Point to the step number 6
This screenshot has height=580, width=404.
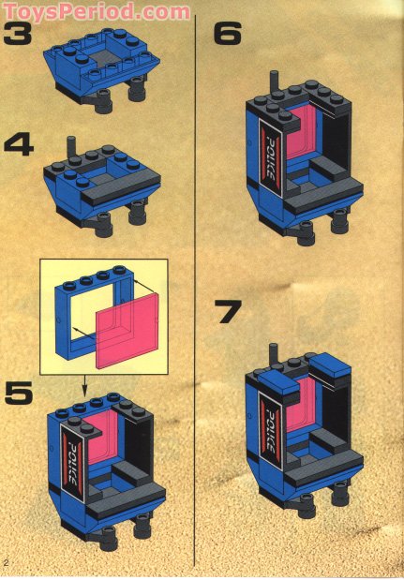(x=228, y=36)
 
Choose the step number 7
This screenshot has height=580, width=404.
(x=230, y=311)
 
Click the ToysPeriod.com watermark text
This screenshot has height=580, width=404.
(x=96, y=11)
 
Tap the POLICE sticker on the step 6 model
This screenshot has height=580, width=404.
(x=268, y=151)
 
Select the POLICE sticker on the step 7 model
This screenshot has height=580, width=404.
(x=267, y=426)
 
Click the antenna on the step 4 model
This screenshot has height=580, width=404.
(x=70, y=147)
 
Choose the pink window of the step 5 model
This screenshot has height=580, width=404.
(x=107, y=439)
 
